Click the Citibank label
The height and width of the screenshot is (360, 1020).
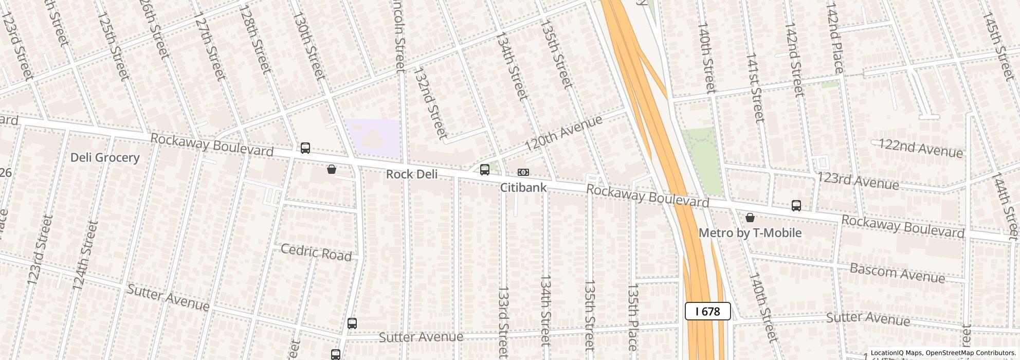click(x=523, y=188)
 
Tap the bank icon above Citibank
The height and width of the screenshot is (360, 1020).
click(x=523, y=172)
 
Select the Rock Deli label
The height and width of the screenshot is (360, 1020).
click(x=412, y=174)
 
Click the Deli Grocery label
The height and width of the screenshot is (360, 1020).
click(x=105, y=157)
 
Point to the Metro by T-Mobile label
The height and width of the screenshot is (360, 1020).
click(x=750, y=233)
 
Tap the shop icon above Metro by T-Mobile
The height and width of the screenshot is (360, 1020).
click(x=750, y=218)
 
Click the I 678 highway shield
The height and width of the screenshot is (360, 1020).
click(x=708, y=311)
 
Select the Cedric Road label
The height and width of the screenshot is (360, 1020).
click(x=316, y=253)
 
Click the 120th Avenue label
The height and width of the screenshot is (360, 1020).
click(x=563, y=134)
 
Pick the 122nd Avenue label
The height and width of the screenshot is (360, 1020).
click(x=920, y=148)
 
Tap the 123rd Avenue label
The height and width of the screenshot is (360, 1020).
click(x=858, y=181)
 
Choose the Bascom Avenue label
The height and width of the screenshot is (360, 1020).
click(x=897, y=273)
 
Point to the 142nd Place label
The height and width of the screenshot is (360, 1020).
click(x=835, y=39)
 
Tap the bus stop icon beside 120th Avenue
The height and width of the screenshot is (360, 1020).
click(x=484, y=170)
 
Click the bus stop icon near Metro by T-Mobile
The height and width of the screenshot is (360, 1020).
click(x=796, y=206)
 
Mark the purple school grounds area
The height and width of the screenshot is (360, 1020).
click(x=372, y=138)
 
